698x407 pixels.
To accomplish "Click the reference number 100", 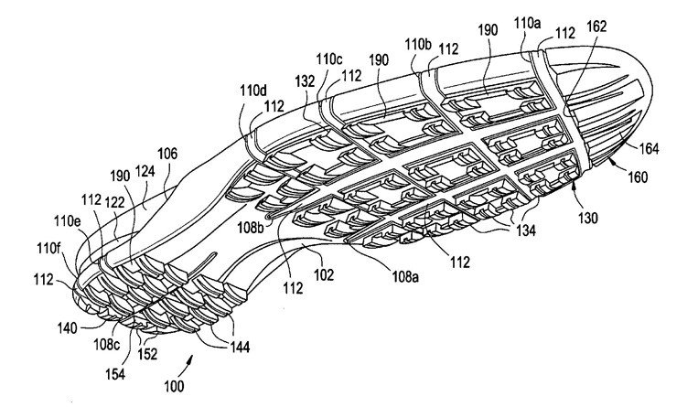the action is [x=174, y=386].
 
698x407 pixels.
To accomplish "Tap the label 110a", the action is [x=528, y=23].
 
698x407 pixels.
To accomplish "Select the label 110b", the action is [x=418, y=45].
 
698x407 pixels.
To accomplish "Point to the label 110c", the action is [x=329, y=59].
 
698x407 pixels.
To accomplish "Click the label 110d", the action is [x=253, y=91].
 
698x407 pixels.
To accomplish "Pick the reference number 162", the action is [x=596, y=27].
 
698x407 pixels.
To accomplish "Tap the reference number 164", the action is [x=649, y=148].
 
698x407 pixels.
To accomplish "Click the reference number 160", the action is [x=638, y=177].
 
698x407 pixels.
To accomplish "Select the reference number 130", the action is [x=587, y=218].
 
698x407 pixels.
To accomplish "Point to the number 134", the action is [x=525, y=230].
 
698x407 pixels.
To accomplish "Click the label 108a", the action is [x=405, y=277].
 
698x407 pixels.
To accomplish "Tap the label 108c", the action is [x=106, y=344].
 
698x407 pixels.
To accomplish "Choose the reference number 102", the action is [x=324, y=274].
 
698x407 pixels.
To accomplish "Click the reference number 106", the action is [x=167, y=154].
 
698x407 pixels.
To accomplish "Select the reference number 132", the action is [x=305, y=81].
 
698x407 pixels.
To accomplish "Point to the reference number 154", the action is [x=115, y=373].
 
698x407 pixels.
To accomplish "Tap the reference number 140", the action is [x=67, y=328].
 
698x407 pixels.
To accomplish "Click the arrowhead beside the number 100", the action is [x=191, y=359].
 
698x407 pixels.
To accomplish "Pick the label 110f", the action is [x=48, y=248].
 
